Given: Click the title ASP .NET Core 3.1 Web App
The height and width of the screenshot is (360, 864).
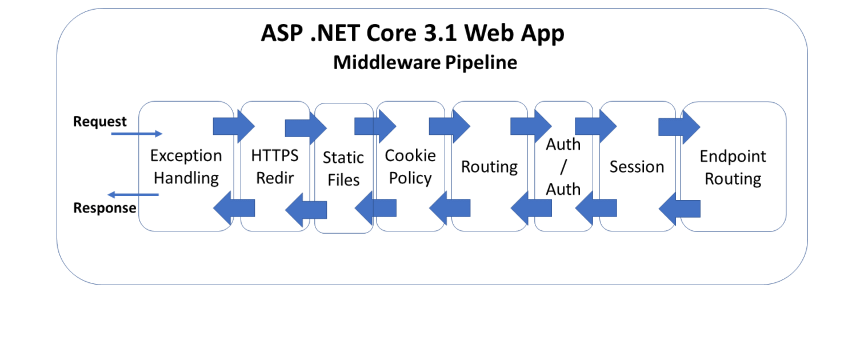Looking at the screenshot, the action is (x=413, y=33).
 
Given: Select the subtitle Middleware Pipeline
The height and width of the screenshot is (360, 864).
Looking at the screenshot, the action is (x=425, y=62).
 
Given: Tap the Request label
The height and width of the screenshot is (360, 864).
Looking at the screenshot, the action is (x=100, y=122).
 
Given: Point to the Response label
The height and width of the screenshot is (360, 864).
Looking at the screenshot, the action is (x=105, y=207).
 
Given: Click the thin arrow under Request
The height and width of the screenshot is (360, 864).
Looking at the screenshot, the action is (x=137, y=134).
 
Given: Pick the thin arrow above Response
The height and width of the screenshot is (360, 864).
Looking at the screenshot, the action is (x=133, y=194).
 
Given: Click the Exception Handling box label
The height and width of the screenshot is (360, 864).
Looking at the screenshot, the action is (x=186, y=167).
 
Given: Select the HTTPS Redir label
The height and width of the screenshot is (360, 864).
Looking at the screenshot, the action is (x=275, y=167).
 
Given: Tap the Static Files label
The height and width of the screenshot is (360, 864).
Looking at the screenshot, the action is (x=343, y=169).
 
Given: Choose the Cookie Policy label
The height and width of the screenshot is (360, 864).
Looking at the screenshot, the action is (x=410, y=167).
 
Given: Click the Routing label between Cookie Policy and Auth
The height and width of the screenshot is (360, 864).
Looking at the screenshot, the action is (x=489, y=167).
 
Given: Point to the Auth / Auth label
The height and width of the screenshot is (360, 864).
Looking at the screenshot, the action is (x=563, y=167).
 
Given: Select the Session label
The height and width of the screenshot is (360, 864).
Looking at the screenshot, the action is (x=637, y=167).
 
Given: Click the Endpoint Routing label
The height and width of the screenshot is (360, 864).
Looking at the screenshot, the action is (x=733, y=167).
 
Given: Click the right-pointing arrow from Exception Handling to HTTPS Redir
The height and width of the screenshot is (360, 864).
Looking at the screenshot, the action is (x=234, y=126).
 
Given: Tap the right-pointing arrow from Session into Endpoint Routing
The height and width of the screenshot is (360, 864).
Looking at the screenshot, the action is (x=679, y=127).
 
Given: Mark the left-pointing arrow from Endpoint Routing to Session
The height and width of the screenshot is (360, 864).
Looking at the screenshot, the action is (x=679, y=209).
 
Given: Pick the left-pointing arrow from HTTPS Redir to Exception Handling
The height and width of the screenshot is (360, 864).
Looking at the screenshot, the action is (x=234, y=208).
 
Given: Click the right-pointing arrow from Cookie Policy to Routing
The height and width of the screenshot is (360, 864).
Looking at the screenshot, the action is (x=449, y=126).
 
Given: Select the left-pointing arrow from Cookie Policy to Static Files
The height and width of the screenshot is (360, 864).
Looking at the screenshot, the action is (x=375, y=208).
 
